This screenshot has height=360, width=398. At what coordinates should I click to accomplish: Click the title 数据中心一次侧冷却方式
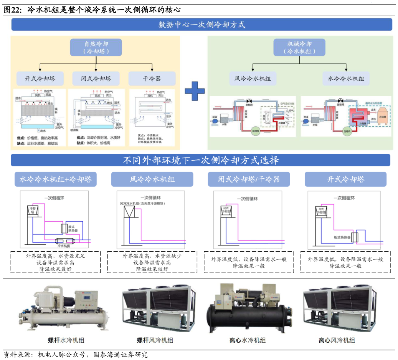point(202,25)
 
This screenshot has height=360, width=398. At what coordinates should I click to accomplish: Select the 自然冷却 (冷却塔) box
point(96,48)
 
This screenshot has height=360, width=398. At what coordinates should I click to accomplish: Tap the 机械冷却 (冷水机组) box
point(299,48)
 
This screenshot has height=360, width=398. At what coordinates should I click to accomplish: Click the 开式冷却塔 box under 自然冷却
point(40,79)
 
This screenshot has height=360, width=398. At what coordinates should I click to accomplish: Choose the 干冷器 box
point(152,79)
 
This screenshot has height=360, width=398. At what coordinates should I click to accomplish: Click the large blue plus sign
point(195,91)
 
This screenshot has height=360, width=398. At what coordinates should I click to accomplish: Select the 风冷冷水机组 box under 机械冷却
point(253,79)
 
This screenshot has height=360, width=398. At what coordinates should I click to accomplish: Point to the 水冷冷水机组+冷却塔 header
point(56,179)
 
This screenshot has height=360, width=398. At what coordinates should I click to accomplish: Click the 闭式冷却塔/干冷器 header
point(249,179)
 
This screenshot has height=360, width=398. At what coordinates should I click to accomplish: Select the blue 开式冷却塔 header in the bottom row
point(345,179)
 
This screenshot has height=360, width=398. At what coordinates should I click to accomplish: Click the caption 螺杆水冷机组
point(66,340)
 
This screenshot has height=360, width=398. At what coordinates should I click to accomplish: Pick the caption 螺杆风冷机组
point(155,340)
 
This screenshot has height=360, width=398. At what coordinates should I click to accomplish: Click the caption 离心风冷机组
point(337,340)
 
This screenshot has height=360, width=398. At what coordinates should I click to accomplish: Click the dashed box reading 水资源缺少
point(152,262)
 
